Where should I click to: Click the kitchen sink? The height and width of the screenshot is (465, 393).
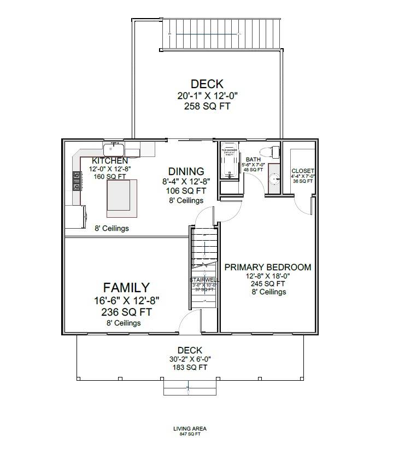click(x=114, y=149)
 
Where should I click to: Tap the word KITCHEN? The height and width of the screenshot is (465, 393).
click(x=110, y=161)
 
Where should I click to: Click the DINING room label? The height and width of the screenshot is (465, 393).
click(x=186, y=172)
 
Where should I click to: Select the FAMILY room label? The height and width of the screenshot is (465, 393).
click(x=126, y=288)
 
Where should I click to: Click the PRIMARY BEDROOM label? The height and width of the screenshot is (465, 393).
click(x=268, y=268)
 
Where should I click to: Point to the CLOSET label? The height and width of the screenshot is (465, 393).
click(x=303, y=171)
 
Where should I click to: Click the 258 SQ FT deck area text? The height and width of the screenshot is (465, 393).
click(x=207, y=106)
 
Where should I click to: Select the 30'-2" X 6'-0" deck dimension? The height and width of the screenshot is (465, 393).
click(x=190, y=359)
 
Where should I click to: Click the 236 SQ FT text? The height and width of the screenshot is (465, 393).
click(x=126, y=312)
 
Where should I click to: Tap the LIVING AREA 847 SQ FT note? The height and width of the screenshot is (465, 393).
click(x=190, y=431)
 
